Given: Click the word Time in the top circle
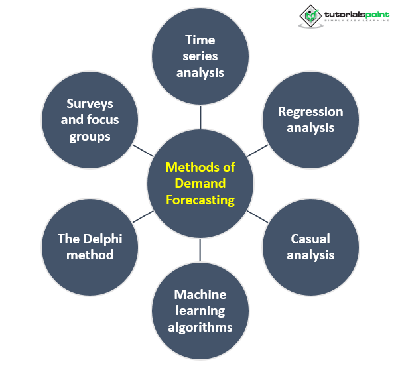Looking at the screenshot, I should coord(200,40).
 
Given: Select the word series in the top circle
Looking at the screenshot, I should coord(200,56).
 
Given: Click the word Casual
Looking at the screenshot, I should coord(310,239).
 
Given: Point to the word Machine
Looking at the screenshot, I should coord(200,294).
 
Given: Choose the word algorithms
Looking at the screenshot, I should coord(200,327).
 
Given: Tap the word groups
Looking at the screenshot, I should coord(90,137).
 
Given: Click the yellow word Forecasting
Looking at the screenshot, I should coord(200,199).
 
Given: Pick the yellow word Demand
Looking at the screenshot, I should coord(200,183).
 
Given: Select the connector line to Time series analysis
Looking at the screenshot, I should coord(200,118).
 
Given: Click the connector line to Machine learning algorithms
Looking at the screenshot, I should coord(200,249).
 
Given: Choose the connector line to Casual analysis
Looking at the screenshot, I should coord(257,217).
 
